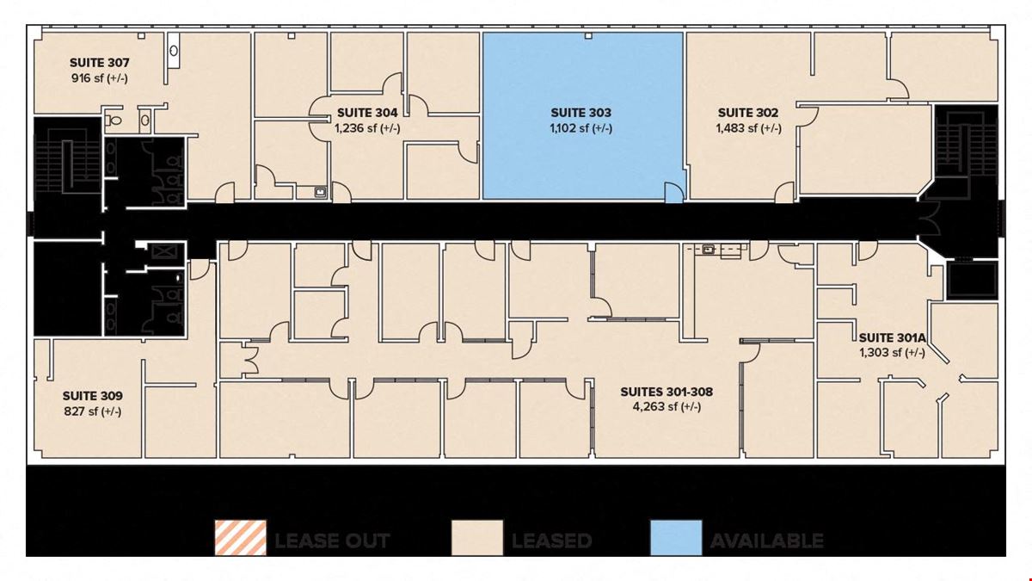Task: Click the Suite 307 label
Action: [x=100, y=63]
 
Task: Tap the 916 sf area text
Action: [x=100, y=78]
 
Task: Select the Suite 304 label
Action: [x=367, y=113]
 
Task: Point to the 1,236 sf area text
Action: [x=367, y=127]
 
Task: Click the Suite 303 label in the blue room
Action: [x=581, y=113]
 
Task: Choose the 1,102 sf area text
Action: [x=581, y=127]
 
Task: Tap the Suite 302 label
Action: [x=748, y=113]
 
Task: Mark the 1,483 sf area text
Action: [x=749, y=127]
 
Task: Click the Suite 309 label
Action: [x=93, y=396]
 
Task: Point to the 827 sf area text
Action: [x=93, y=411]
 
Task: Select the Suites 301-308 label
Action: [x=666, y=392]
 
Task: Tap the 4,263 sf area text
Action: [x=666, y=406]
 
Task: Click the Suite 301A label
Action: [x=893, y=338]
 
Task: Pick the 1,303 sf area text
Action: [x=893, y=353]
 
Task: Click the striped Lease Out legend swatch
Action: [x=241, y=538]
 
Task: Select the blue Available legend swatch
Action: [x=676, y=538]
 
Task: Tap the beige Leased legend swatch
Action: [x=477, y=538]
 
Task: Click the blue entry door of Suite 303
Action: [x=674, y=193]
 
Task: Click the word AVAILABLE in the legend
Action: [x=767, y=541]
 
